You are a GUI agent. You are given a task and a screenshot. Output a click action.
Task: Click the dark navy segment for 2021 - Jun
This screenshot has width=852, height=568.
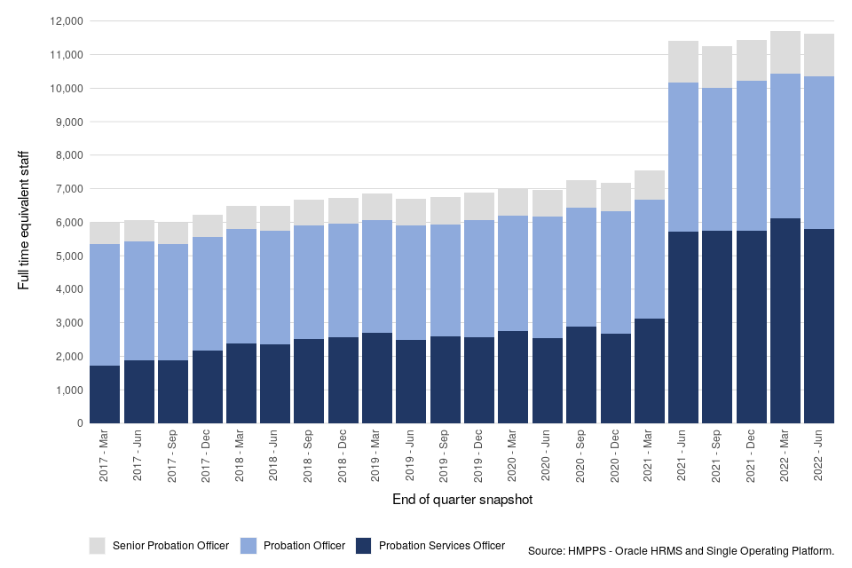pyautogui.click(x=683, y=327)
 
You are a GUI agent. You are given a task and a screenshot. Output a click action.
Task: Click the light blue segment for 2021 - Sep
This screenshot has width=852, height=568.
pyautogui.click(x=717, y=159)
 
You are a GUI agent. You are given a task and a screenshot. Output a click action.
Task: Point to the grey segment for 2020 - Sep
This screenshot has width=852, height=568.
pyautogui.click(x=581, y=193)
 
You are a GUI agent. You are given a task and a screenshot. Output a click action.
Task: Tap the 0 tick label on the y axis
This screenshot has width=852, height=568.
pyautogui.click(x=80, y=423)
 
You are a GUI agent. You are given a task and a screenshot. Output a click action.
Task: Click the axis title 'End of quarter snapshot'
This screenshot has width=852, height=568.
pyautogui.click(x=461, y=501)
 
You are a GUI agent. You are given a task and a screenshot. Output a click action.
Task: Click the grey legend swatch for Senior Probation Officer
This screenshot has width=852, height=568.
pyautogui.click(x=98, y=545)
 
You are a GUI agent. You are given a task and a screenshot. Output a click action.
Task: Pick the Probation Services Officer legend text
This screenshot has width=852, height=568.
pyautogui.click(x=441, y=546)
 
